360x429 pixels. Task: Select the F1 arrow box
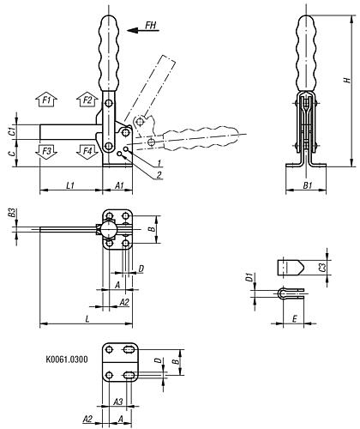tap(49, 101)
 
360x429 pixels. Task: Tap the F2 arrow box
tap(87, 100)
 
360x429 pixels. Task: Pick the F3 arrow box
tap(49, 151)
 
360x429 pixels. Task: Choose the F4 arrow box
tap(87, 151)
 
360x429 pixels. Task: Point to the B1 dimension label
tap(308, 183)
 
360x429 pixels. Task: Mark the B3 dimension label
tap(10, 213)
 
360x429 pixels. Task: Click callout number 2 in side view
tap(159, 176)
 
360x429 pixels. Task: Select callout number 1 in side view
tap(159, 163)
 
